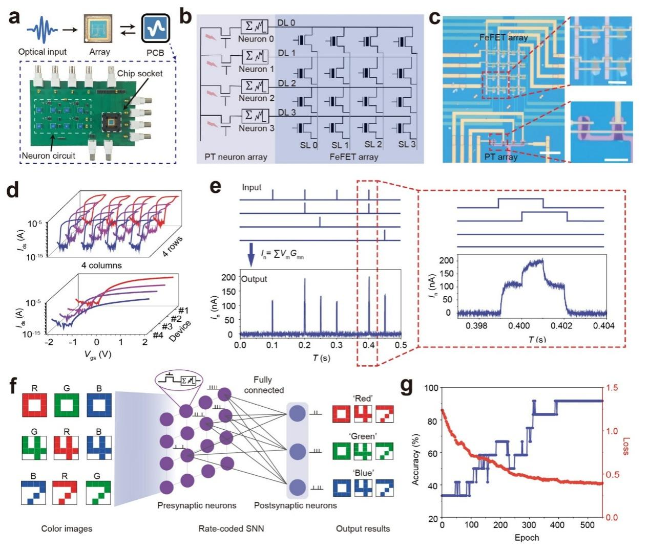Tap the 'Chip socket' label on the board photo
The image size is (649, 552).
139,73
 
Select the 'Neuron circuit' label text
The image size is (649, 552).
48,155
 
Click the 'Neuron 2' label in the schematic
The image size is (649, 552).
256,98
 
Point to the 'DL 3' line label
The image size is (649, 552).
286,113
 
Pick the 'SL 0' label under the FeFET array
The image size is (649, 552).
308,145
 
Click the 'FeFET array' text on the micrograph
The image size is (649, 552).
503,37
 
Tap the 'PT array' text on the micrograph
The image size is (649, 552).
500,157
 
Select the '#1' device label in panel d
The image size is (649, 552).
183,310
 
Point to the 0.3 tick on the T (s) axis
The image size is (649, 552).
337,345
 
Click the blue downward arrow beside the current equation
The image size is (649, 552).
251,254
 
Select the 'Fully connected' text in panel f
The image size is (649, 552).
263,385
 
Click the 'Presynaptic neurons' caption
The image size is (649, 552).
197,505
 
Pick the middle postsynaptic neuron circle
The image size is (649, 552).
297,452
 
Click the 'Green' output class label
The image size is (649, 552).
363,436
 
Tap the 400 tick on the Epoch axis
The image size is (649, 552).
557,525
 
